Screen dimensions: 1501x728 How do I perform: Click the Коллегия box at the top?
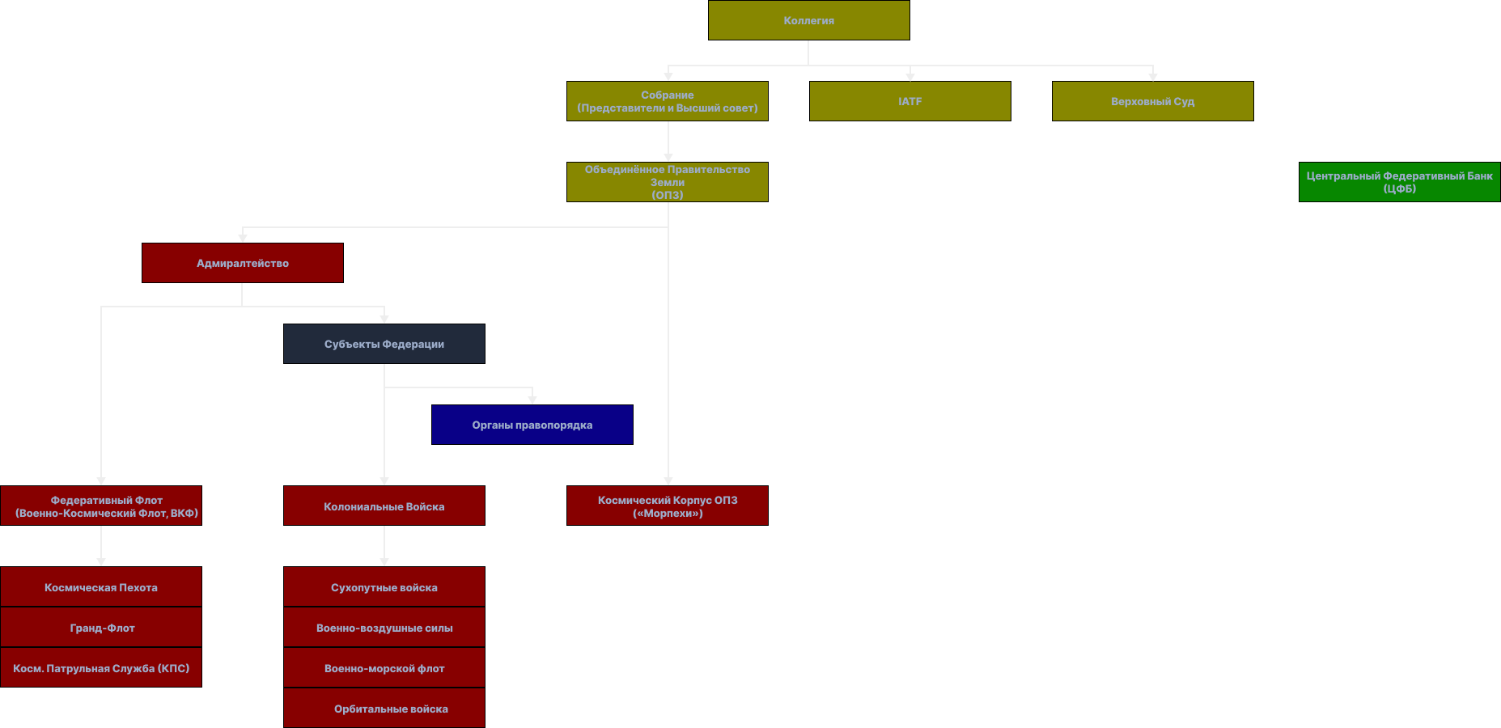tap(809, 20)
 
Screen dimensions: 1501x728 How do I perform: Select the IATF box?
tap(910, 101)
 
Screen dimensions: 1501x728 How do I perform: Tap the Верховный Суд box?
tap(1153, 101)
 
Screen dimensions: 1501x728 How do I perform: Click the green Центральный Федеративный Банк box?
tap(1400, 182)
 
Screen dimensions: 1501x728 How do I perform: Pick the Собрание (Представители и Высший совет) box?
tap(668, 101)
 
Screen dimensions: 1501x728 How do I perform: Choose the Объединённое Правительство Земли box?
tap(668, 182)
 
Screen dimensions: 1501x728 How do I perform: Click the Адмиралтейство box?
tap(243, 263)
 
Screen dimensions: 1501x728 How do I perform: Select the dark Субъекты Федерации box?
tap(384, 344)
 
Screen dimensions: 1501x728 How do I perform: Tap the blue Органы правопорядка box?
tap(532, 425)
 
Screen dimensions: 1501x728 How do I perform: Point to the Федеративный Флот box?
tap(101, 506)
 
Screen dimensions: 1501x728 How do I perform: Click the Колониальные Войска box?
tap(384, 506)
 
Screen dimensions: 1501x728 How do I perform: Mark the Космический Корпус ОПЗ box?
tap(668, 506)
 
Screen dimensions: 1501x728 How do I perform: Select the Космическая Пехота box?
tap(101, 586)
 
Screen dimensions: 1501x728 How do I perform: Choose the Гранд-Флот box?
tap(101, 627)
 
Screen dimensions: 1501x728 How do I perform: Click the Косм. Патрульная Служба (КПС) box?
tap(101, 667)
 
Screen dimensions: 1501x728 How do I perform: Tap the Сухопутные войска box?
tap(384, 586)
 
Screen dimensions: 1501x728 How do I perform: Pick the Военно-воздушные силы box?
tap(384, 627)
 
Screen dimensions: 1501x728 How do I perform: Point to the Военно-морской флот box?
tap(384, 667)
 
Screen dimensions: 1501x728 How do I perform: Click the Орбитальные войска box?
tap(384, 708)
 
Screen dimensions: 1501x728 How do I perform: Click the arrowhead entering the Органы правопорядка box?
tap(532, 400)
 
